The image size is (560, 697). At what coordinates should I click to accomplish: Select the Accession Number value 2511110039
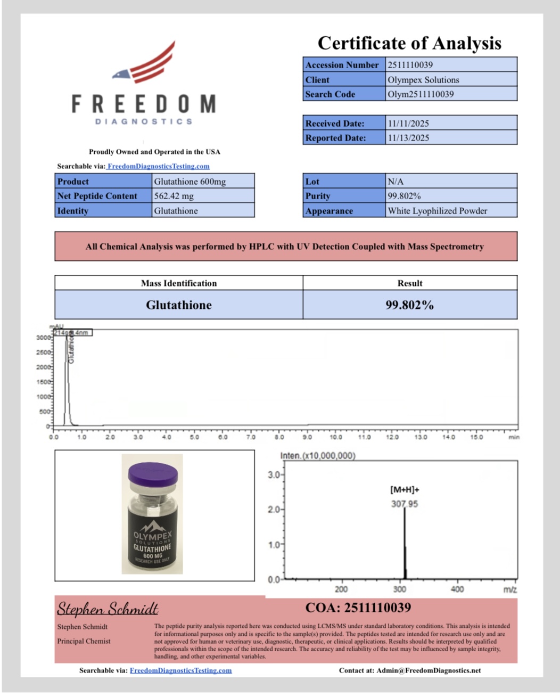point(410,65)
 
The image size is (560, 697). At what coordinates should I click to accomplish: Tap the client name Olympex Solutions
point(423,80)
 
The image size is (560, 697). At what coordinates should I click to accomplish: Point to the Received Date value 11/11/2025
point(408,124)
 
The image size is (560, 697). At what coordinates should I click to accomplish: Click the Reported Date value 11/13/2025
point(408,138)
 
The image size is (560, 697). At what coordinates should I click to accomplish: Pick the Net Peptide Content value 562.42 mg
point(174,196)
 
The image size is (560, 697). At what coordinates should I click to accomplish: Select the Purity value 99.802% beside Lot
point(405,196)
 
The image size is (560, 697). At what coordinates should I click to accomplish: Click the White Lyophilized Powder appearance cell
point(438,211)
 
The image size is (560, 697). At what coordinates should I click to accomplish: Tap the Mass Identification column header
point(179,283)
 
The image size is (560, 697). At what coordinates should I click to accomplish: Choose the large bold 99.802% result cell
point(410,305)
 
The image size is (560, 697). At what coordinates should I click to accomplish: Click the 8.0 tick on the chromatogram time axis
point(279,437)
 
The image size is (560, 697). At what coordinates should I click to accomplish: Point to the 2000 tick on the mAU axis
point(44,367)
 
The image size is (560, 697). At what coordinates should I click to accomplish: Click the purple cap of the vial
point(153,472)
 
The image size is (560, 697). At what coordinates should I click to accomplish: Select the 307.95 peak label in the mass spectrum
point(405,504)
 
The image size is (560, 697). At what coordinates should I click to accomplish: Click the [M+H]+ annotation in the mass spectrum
point(405,490)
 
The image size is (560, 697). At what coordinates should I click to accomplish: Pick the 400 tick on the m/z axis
point(457,589)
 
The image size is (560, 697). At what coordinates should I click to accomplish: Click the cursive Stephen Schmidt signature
point(108,609)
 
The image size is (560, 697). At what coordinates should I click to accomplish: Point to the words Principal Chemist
point(84,641)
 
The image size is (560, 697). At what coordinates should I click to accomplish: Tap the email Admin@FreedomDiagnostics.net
point(429,670)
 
